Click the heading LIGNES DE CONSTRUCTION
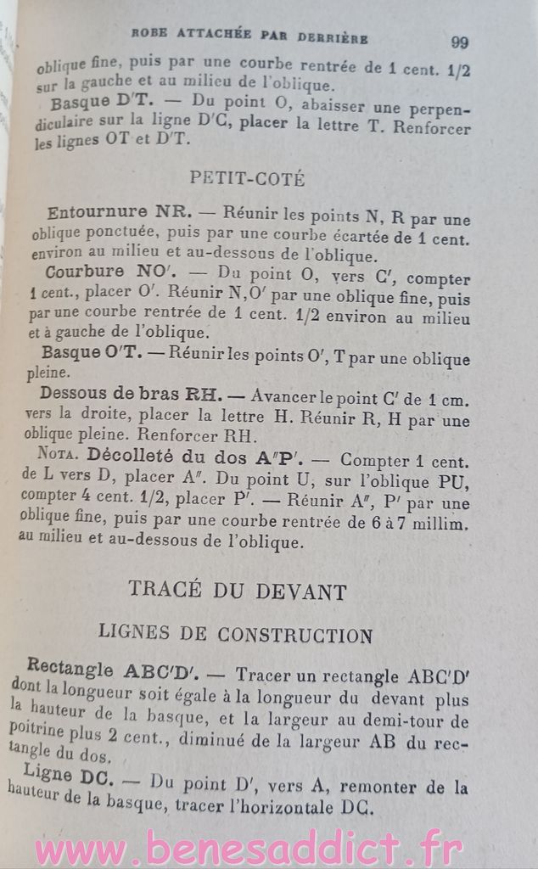pyautogui.click(x=236, y=634)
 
